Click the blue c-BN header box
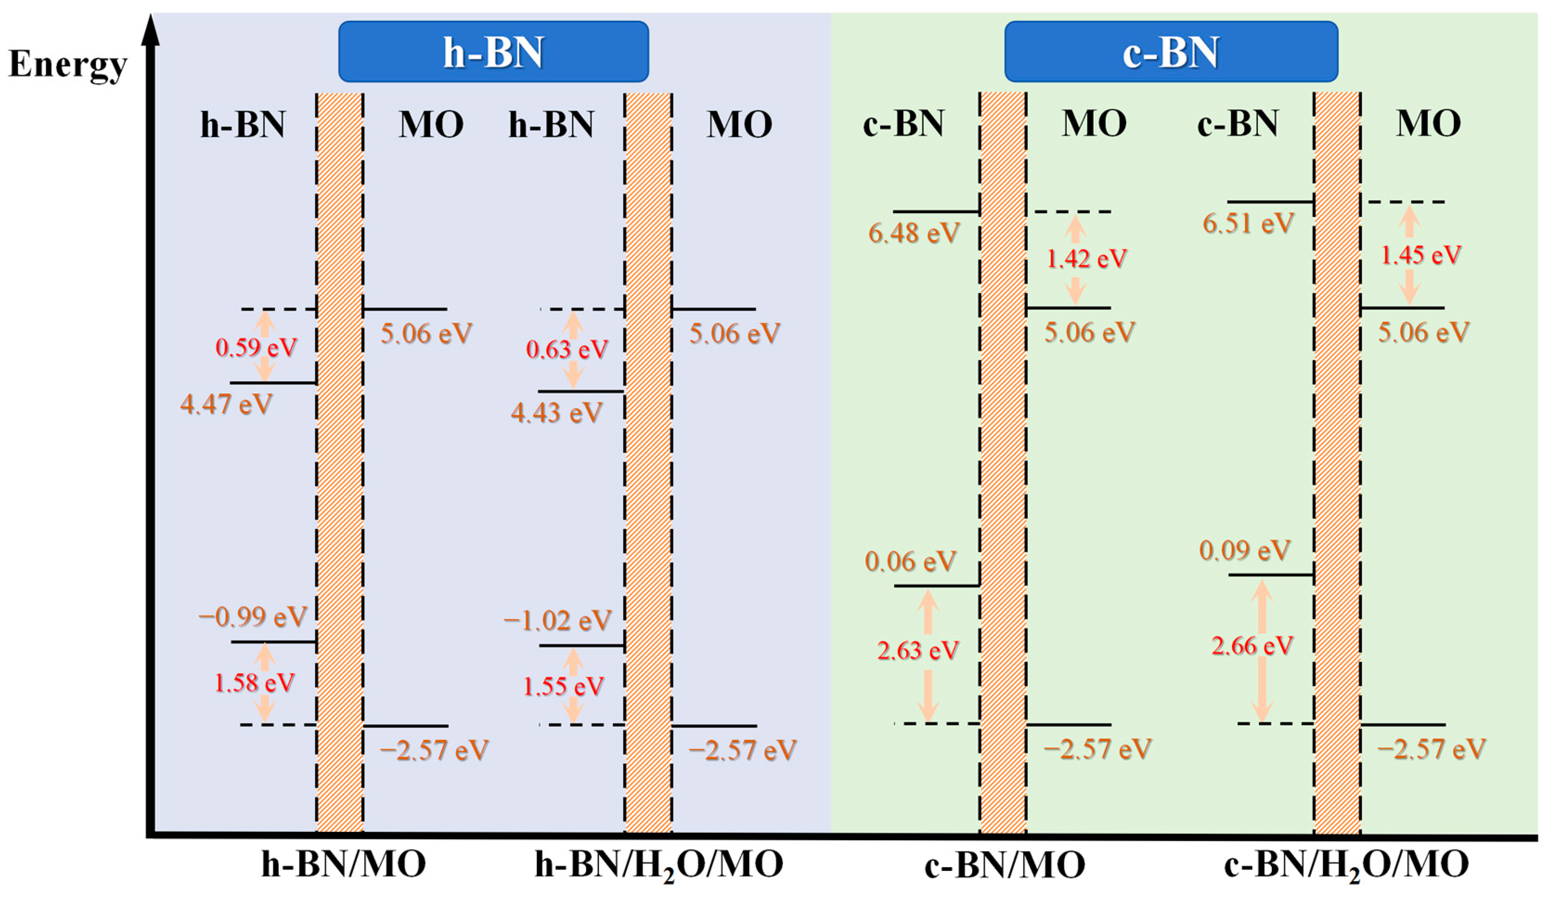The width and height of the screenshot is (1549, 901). pos(1170,51)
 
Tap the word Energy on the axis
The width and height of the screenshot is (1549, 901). pos(68,64)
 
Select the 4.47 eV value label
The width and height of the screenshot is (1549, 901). pos(226,405)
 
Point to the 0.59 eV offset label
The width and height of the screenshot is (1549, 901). pos(256,348)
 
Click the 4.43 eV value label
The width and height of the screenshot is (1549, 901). pos(556,412)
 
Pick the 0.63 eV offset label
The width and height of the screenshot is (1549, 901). pos(566,350)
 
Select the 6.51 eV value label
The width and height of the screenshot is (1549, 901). pos(1248,223)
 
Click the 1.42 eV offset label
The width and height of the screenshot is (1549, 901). pos(1086,259)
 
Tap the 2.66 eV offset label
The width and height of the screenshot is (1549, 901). pos(1252,646)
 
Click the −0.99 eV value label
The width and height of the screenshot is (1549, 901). pos(252,617)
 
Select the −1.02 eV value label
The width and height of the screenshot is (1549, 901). pos(557,621)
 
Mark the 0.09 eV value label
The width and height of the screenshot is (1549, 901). pos(1244,550)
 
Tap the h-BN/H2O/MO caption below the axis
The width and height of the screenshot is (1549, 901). pos(658,865)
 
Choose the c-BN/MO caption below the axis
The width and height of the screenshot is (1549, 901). pos(1004,865)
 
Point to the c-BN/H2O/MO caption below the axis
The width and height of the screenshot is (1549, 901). pos(1346,865)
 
